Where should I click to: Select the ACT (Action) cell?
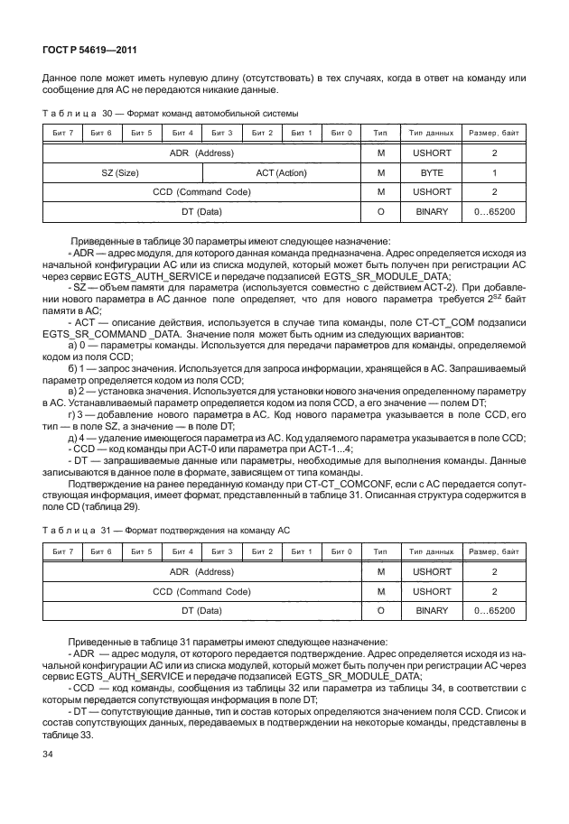[282, 171]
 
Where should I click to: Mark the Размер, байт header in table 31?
[493, 550]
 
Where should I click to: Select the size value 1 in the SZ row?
[493, 171]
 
